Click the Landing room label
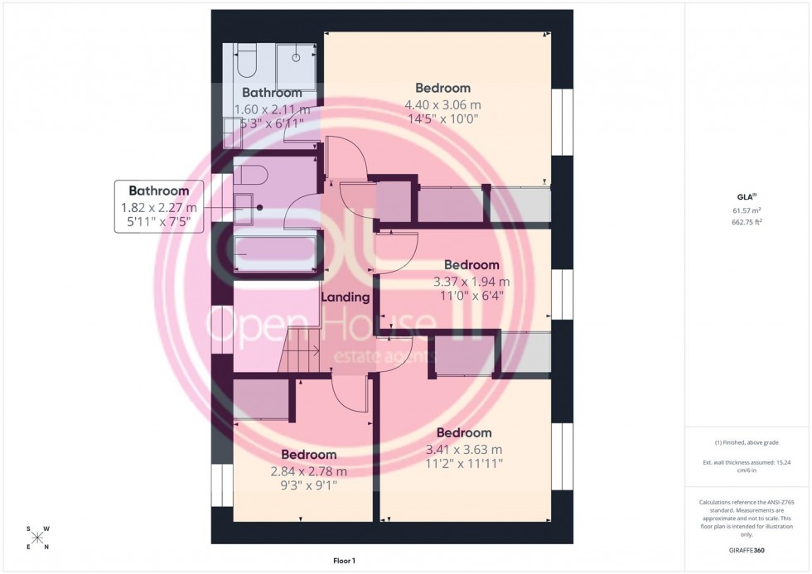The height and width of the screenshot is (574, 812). (x=345, y=296)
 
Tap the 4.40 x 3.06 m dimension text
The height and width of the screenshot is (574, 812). (x=442, y=104)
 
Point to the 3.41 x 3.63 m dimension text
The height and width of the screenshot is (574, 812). (x=464, y=449)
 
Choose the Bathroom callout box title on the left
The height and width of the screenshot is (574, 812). (x=158, y=191)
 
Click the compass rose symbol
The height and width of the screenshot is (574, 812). (x=37, y=538)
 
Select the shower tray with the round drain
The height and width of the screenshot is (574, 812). (x=295, y=65)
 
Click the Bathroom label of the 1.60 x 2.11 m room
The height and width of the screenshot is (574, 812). (x=272, y=93)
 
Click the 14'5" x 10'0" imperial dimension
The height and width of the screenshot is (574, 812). (x=442, y=118)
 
